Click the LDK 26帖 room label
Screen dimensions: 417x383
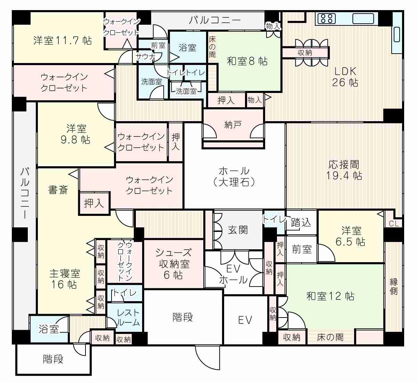click(x=345, y=77)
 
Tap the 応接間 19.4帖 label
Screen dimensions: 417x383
click(x=344, y=170)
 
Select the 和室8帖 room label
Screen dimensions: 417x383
click(x=247, y=61)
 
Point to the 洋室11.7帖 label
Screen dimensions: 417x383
click(x=62, y=40)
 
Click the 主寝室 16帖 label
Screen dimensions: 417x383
click(x=64, y=279)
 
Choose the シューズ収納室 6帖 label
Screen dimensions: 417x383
click(x=173, y=264)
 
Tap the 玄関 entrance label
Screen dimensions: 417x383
click(x=238, y=230)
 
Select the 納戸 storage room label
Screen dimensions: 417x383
click(x=233, y=125)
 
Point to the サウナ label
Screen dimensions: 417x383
click(x=146, y=56)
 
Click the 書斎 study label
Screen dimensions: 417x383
click(x=58, y=190)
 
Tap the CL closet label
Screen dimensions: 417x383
click(x=394, y=224)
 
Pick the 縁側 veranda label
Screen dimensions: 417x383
click(x=393, y=287)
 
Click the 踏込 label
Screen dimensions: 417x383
click(x=301, y=222)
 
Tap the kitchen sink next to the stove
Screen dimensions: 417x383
click(x=363, y=18)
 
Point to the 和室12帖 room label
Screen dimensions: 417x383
click(x=330, y=296)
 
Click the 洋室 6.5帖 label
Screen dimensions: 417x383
click(x=351, y=236)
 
